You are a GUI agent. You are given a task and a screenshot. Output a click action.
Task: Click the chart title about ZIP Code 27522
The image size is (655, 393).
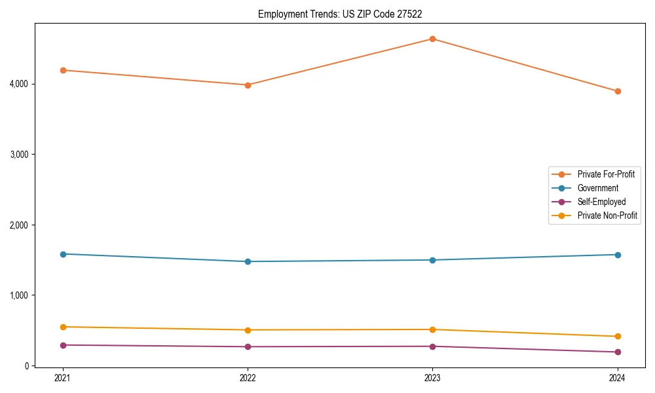345,14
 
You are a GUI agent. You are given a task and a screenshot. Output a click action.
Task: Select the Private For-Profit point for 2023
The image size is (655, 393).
432,39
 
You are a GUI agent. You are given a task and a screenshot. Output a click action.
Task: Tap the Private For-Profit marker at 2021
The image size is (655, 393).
63,70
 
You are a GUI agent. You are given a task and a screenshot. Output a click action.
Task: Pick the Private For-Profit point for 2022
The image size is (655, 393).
248,85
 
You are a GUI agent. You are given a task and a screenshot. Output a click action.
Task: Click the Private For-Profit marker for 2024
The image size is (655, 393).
617,91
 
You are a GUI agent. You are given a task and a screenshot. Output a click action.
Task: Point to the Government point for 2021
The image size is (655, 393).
63,254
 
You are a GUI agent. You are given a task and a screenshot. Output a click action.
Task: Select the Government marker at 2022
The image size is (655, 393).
248,261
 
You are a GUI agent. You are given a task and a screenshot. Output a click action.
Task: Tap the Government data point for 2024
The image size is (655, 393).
617,255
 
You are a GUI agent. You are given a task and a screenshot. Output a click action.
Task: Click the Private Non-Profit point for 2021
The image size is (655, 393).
63,327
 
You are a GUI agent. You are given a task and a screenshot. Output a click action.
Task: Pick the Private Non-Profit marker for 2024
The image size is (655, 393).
617,337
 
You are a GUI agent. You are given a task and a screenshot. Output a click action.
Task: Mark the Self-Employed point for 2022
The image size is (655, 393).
248,346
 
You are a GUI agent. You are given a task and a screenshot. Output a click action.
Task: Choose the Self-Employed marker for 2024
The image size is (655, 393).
617,352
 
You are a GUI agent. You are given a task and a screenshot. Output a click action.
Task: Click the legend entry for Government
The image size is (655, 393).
597,188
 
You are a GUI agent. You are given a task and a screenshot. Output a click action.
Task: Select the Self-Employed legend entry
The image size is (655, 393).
601,202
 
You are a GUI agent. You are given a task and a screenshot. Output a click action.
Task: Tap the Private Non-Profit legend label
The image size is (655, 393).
607,215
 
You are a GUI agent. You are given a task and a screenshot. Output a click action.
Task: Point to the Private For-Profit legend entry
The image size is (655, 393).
606,174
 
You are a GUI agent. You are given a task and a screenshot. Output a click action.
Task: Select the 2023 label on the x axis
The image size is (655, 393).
432,378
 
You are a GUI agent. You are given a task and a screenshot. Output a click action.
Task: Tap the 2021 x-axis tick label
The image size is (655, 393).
63,378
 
